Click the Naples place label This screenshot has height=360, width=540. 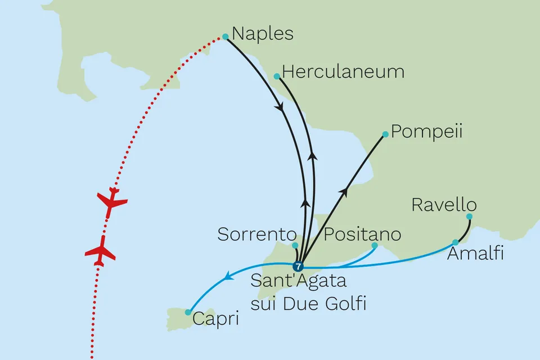pyautogui.click(x=263, y=34)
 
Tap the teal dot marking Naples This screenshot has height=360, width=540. pyautogui.click(x=226, y=37)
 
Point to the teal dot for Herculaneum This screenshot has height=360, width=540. pyautogui.click(x=276, y=76)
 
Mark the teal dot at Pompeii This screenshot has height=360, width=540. pyautogui.click(x=385, y=134)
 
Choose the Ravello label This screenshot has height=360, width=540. pyautogui.click(x=444, y=205)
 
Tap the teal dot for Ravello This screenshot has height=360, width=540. pyautogui.click(x=469, y=216)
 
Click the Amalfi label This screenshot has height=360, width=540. pyautogui.click(x=475, y=254)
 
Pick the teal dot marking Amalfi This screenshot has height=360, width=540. pyautogui.click(x=455, y=242)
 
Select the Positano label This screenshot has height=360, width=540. pyautogui.click(x=363, y=234)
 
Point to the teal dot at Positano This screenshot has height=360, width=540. pyautogui.click(x=375, y=245)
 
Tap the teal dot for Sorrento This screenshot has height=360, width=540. pyautogui.click(x=295, y=245)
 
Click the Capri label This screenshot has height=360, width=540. pyautogui.click(x=216, y=319)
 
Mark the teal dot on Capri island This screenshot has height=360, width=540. pyautogui.click(x=188, y=312)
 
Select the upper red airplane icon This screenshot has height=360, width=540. pyautogui.click(x=112, y=202)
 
